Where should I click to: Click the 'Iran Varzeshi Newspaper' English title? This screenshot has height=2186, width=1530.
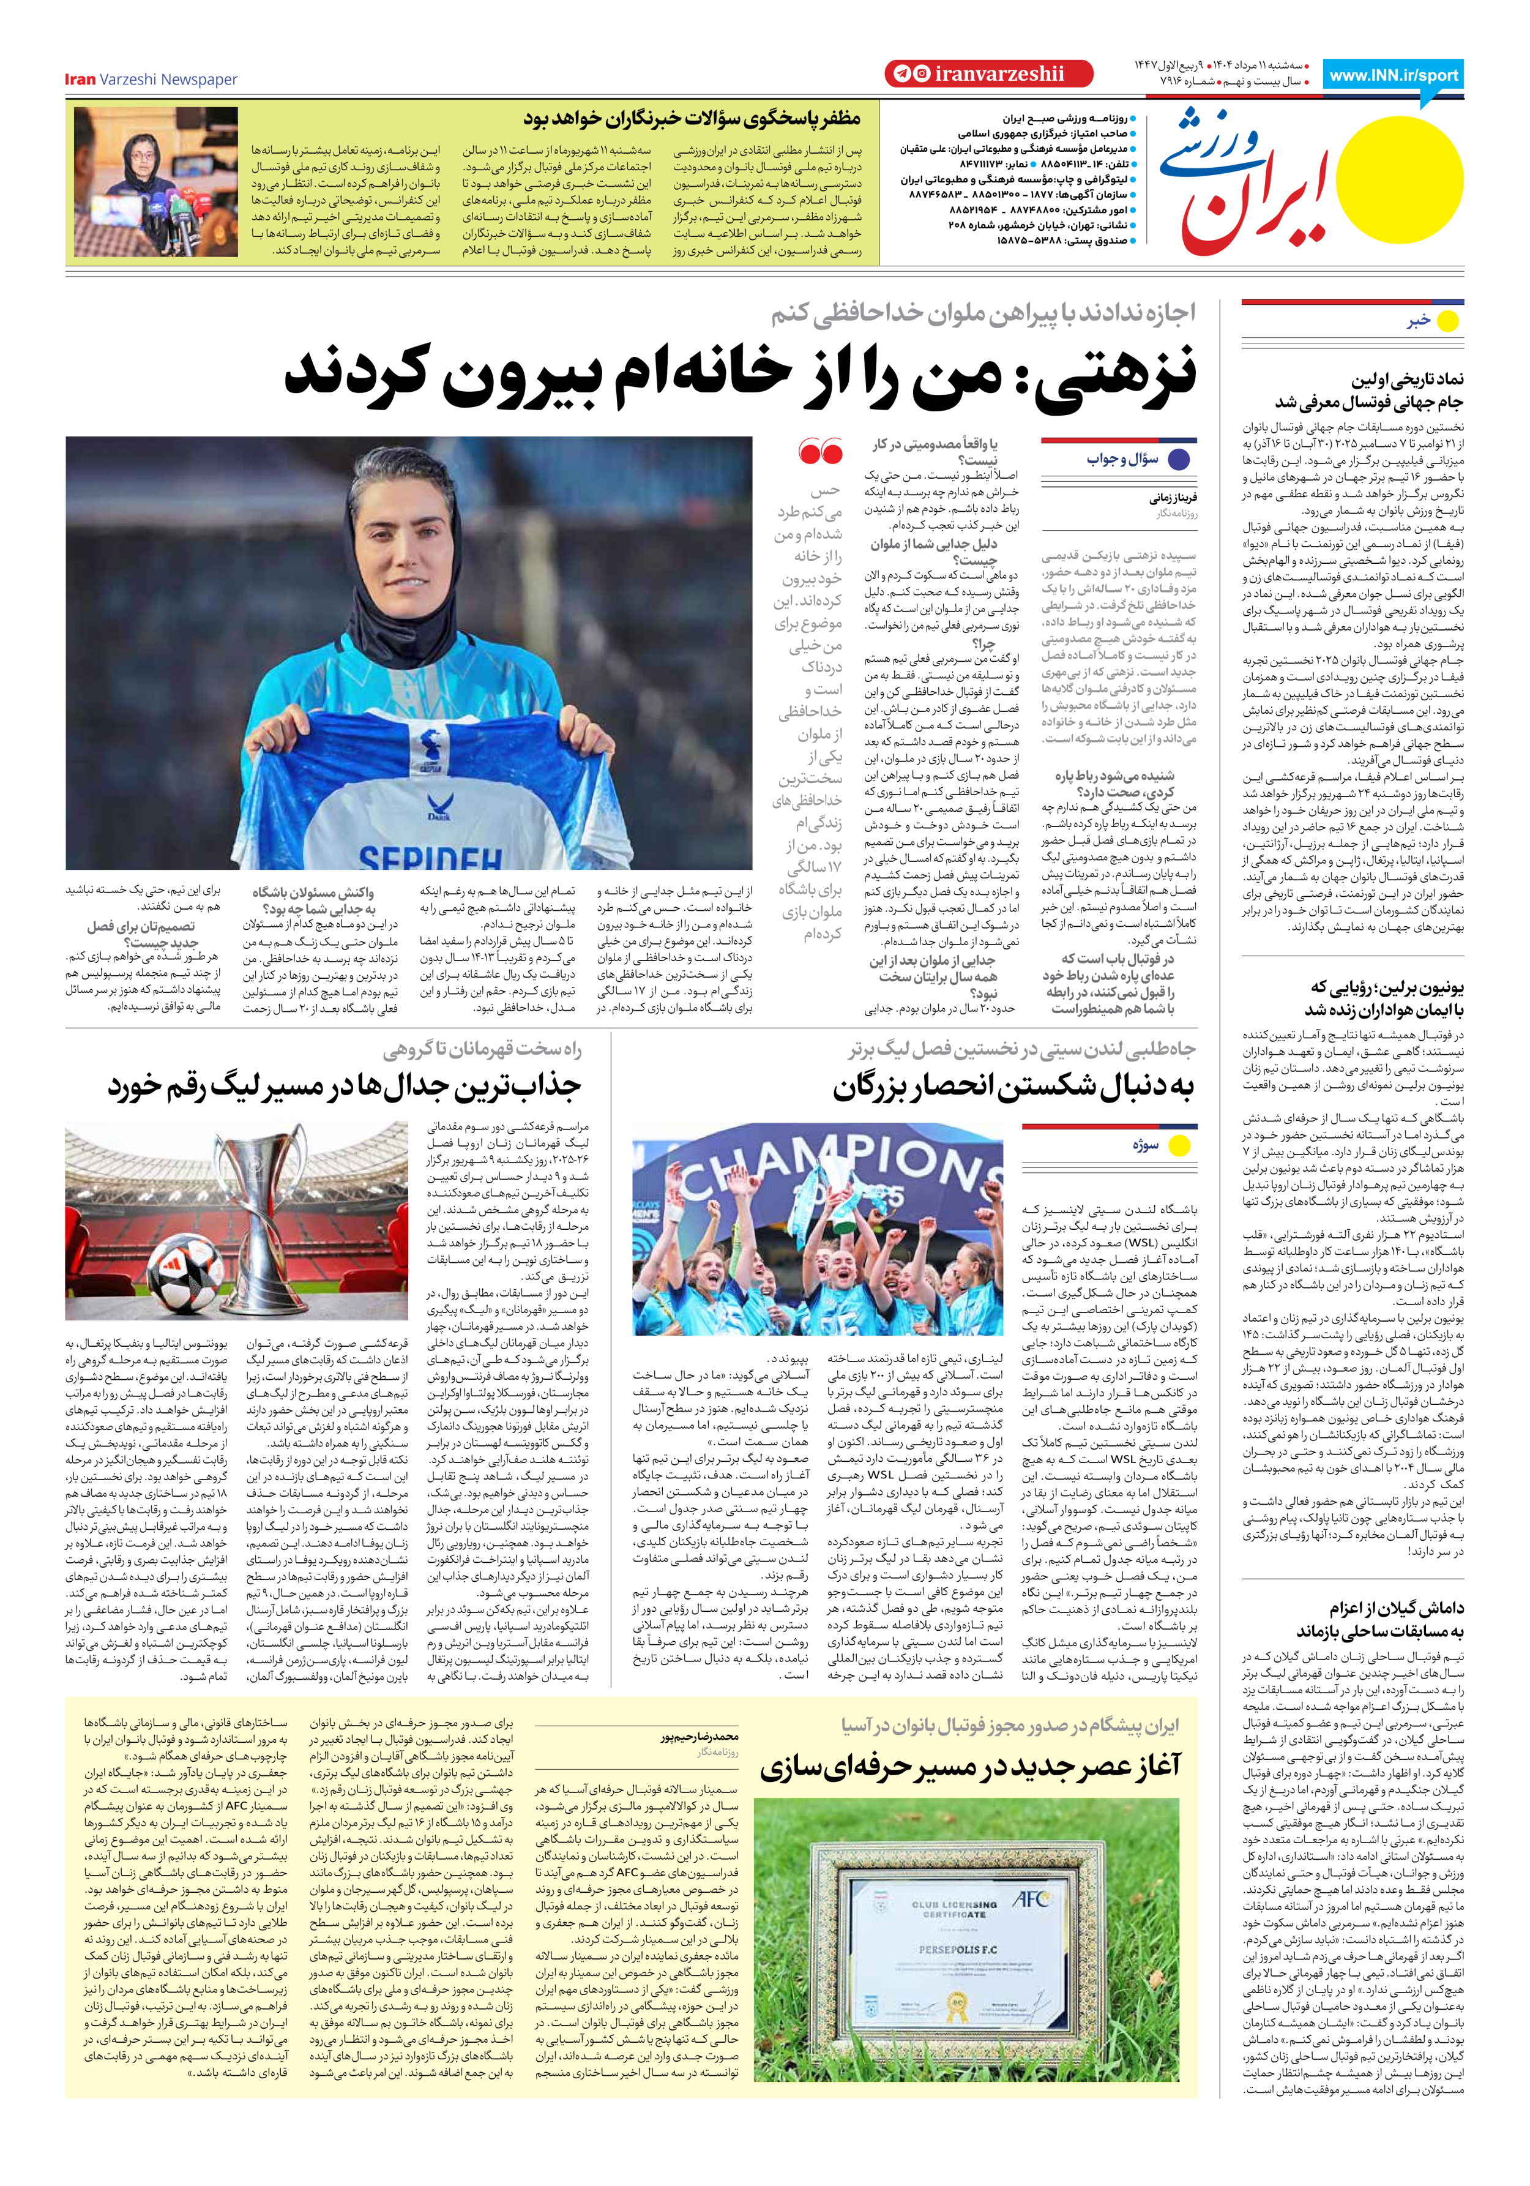pyautogui.click(x=151, y=79)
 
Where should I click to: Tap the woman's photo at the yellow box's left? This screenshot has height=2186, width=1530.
pyautogui.click(x=156, y=182)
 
